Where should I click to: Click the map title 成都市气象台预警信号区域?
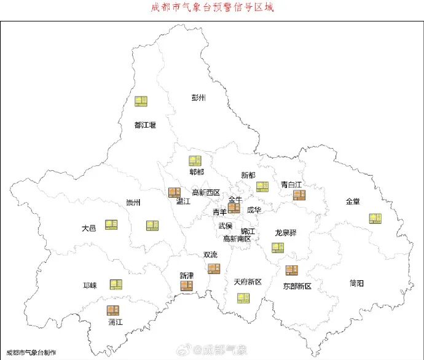(211, 8)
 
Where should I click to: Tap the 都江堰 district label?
(145, 125)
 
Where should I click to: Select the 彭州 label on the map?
(198, 98)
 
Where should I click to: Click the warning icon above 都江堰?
(141, 101)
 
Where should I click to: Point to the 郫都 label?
(196, 172)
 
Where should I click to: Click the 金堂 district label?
(353, 201)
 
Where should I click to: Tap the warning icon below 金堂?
(375, 218)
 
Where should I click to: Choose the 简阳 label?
(356, 283)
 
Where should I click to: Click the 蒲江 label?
(115, 321)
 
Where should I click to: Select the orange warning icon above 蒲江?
(113, 310)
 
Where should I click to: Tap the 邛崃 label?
(90, 286)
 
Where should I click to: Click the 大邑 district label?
(88, 228)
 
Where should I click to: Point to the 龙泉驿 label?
(286, 233)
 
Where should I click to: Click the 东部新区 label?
(297, 286)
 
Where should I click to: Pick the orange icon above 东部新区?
(291, 270)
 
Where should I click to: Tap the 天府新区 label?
(248, 282)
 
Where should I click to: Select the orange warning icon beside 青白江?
(299, 195)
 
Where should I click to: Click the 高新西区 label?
(206, 192)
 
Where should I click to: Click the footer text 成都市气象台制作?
(31, 353)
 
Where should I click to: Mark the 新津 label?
(187, 275)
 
